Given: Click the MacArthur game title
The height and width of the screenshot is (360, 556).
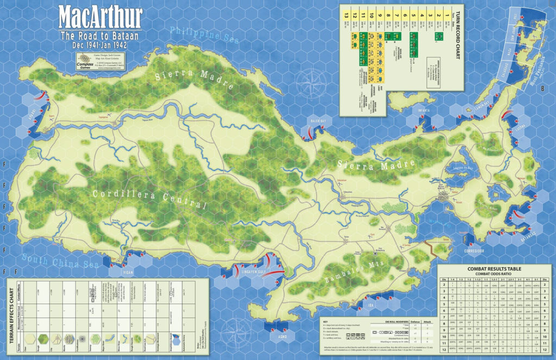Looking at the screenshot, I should point(100,18).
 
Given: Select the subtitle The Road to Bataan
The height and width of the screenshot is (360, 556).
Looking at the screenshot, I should point(100,35).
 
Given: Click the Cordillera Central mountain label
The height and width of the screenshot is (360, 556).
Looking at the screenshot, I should point(150,199).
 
